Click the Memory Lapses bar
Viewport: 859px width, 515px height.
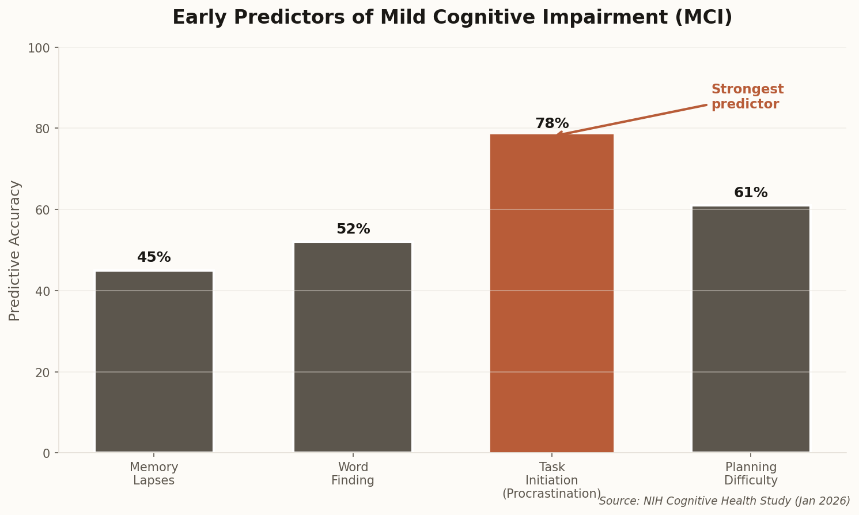pos(154,362)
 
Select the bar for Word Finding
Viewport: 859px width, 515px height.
pos(353,347)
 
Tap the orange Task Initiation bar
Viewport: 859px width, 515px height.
pos(551,293)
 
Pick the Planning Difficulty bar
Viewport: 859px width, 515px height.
pos(750,329)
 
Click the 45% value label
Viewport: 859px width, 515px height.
pos(154,258)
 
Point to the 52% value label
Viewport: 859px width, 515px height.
pos(353,230)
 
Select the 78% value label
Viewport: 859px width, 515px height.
pos(551,124)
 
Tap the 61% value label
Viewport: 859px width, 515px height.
pos(750,193)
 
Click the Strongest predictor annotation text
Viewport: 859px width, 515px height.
pos(747,97)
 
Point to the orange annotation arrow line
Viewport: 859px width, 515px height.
pos(634,119)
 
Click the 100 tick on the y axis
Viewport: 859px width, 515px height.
pos(39,48)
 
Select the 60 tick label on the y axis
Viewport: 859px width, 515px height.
pos(43,210)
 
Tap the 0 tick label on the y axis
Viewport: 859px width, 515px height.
pos(46,453)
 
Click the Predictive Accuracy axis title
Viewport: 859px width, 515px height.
pos(15,250)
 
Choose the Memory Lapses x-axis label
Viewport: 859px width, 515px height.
pos(154,474)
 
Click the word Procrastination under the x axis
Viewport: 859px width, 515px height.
pos(551,494)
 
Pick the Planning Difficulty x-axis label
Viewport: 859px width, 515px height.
pos(750,474)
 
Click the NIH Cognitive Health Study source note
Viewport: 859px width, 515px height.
pos(724,501)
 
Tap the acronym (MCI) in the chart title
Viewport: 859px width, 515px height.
pos(703,18)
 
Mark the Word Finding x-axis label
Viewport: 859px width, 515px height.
pos(353,474)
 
